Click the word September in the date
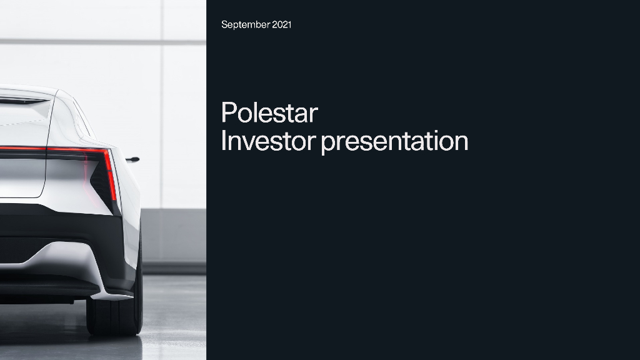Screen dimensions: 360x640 tap(246, 25)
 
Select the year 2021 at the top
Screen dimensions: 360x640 tap(281, 25)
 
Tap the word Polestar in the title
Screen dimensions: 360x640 tap(269, 114)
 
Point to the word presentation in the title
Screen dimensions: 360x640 tap(394, 141)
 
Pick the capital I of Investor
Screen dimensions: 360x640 tap(224, 141)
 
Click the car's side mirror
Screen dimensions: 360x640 tap(132, 159)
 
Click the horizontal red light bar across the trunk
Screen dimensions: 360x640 tap(50, 149)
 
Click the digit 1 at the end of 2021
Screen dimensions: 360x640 tap(289, 25)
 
